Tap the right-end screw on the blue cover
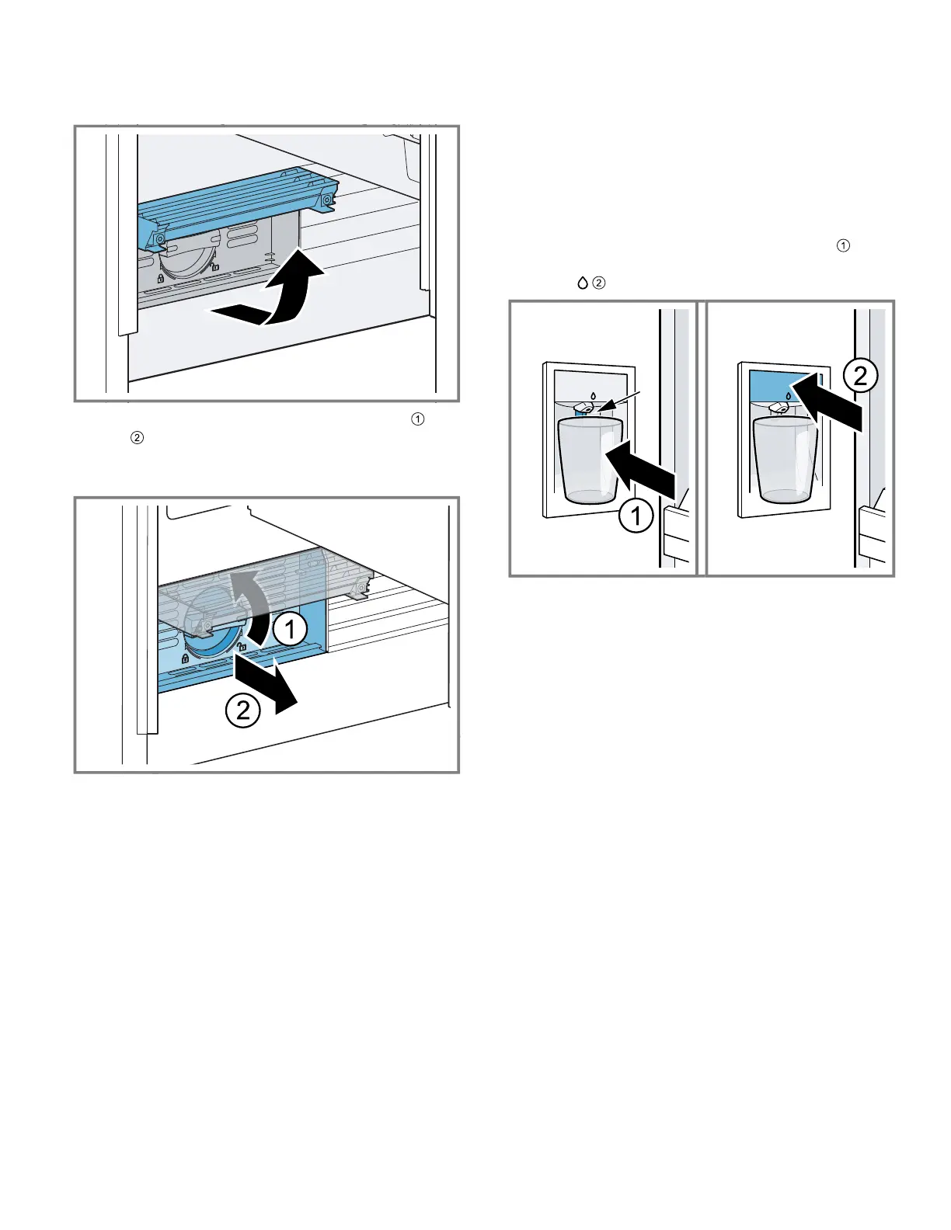(x=326, y=200)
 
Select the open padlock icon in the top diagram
(x=214, y=266)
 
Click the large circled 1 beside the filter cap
(x=290, y=630)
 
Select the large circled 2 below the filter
(x=242, y=710)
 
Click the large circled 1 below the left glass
(x=636, y=516)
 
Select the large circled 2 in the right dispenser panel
(x=860, y=377)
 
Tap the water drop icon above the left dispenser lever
(x=593, y=395)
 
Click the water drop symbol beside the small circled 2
(x=581, y=284)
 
